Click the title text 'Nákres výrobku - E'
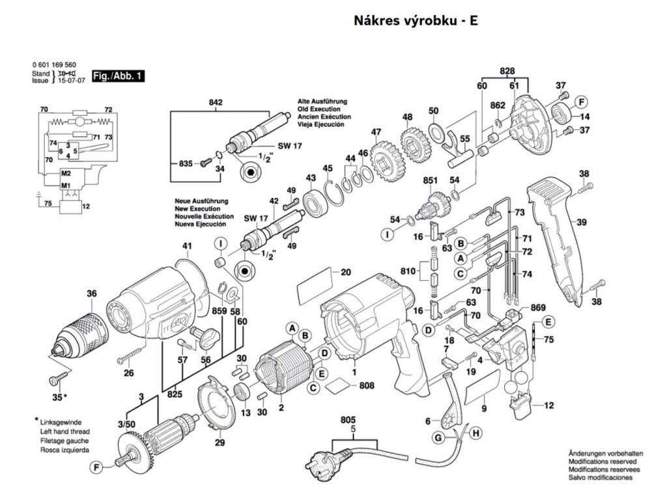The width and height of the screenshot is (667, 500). coord(416,20)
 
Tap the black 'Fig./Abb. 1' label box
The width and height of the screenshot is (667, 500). coord(118,76)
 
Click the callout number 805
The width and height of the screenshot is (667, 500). coord(350,421)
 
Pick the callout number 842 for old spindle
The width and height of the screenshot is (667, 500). coord(216,102)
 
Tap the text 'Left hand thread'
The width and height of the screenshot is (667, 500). coord(64,432)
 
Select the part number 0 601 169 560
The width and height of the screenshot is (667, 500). coord(53,65)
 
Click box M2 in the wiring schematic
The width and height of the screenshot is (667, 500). coord(66,174)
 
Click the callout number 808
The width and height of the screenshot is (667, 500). coord(367,385)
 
